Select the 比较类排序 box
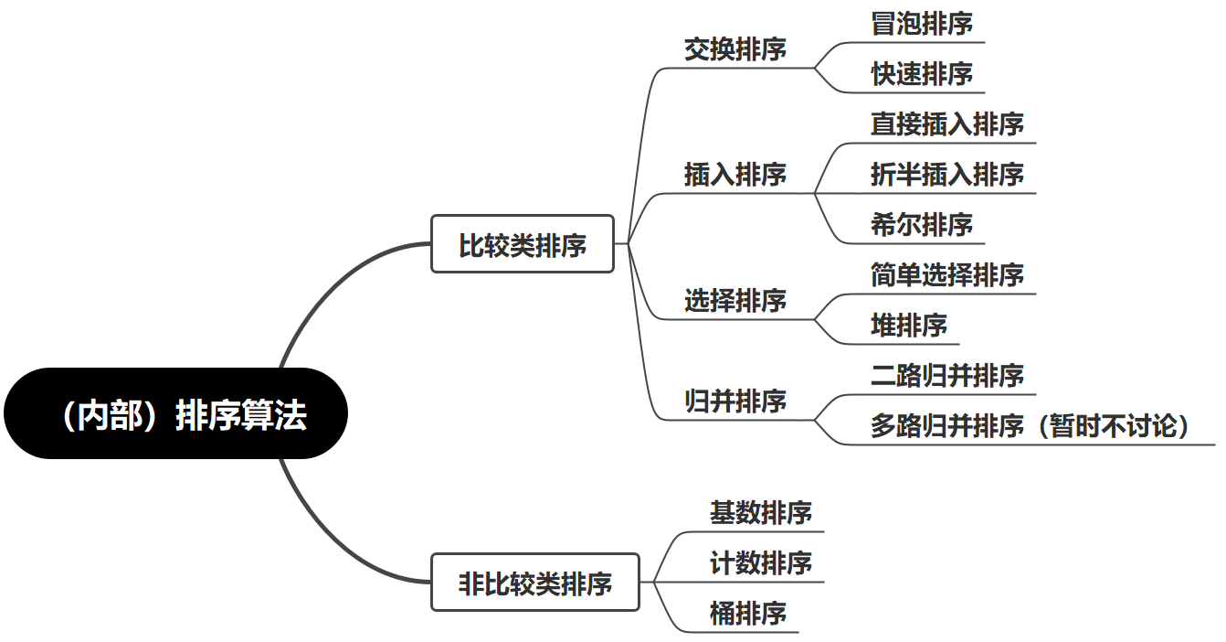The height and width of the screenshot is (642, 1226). point(522,244)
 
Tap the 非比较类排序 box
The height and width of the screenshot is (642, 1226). point(534,583)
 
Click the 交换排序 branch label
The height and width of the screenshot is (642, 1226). point(735,49)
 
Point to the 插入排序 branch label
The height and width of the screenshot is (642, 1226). point(735,174)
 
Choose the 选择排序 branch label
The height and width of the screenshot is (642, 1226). point(735,300)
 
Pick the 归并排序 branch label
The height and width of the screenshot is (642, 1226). point(735,401)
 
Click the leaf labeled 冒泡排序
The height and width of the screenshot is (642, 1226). point(922,24)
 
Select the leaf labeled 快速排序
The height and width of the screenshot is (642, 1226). point(922,74)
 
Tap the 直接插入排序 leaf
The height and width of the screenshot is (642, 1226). point(947,124)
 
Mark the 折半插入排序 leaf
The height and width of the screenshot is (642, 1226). point(947,175)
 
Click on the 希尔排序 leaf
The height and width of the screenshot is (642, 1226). point(922,225)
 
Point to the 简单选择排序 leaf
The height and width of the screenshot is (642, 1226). point(947,275)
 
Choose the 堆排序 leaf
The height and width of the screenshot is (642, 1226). point(909,326)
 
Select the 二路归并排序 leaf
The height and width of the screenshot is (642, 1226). point(947,376)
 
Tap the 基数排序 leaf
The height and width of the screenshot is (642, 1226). point(760,512)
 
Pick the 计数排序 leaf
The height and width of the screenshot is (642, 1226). point(760,562)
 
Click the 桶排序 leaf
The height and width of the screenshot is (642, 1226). point(747,613)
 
